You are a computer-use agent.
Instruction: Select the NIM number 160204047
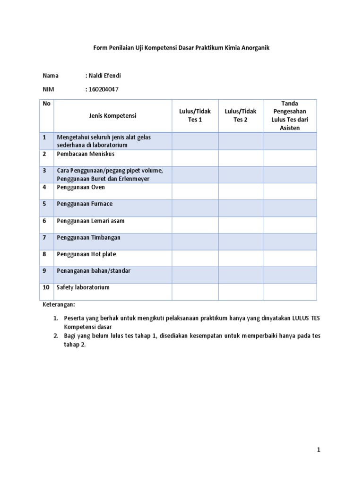(x=103, y=89)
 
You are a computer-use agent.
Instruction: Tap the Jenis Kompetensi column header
(x=112, y=115)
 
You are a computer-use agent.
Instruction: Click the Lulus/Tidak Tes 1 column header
(x=195, y=115)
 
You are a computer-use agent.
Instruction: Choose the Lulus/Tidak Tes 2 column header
(x=241, y=115)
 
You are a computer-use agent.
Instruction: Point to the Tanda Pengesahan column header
(x=290, y=115)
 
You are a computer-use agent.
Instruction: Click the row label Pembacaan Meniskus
(x=86, y=154)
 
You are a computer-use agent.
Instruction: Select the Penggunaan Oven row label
(x=81, y=187)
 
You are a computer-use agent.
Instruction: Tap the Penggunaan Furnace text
(x=85, y=204)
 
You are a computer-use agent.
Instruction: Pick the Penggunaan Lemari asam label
(x=90, y=221)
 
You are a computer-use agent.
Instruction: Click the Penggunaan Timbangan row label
(x=88, y=237)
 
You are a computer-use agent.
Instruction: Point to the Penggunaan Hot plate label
(x=86, y=254)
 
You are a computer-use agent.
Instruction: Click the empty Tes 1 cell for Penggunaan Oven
(x=195, y=191)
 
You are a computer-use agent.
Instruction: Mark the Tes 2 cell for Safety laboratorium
(x=241, y=292)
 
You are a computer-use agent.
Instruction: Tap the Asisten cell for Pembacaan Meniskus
(x=290, y=158)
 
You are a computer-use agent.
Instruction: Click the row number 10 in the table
(x=46, y=287)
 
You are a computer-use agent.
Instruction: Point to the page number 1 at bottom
(x=319, y=450)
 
